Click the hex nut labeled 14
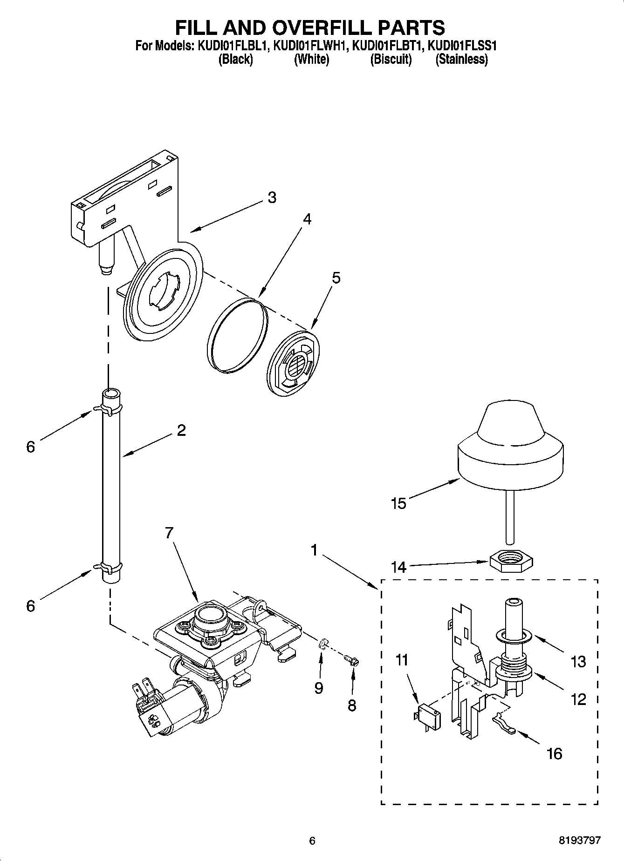pyautogui.click(x=511, y=557)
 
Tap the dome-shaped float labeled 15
pyautogui.click(x=510, y=447)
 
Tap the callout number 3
pyautogui.click(x=272, y=197)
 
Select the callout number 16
pyautogui.click(x=554, y=753)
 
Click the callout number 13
pyautogui.click(x=578, y=661)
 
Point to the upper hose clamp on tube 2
pyautogui.click(x=108, y=409)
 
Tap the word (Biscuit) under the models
pyautogui.click(x=391, y=60)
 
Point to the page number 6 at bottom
pyautogui.click(x=312, y=840)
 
